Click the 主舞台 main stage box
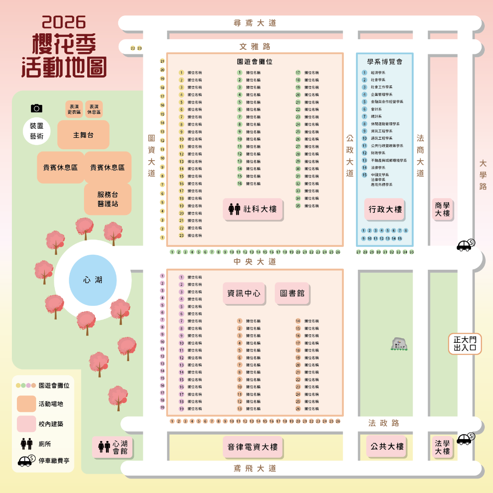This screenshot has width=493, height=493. (x=83, y=135)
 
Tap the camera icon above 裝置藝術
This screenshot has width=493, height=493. (x=37, y=108)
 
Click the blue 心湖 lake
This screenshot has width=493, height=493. (x=93, y=280)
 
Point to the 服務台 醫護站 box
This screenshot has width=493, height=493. (x=108, y=199)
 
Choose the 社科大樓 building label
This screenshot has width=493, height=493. (x=253, y=209)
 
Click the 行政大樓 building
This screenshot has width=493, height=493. (x=385, y=210)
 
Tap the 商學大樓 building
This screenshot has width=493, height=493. (x=442, y=210)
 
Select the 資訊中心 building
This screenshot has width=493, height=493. (x=244, y=294)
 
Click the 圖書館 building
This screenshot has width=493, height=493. (x=292, y=294)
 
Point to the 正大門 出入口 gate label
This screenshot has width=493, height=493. (x=465, y=344)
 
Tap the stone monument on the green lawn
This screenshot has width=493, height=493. (x=399, y=344)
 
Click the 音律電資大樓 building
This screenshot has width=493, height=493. (x=252, y=447)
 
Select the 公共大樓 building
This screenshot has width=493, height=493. (x=387, y=446)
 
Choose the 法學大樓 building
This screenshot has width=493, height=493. (x=442, y=447)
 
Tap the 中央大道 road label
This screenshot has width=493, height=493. (x=255, y=262)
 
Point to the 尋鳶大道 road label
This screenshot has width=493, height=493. (x=255, y=23)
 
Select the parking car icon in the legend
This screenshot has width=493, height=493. (x=26, y=461)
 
